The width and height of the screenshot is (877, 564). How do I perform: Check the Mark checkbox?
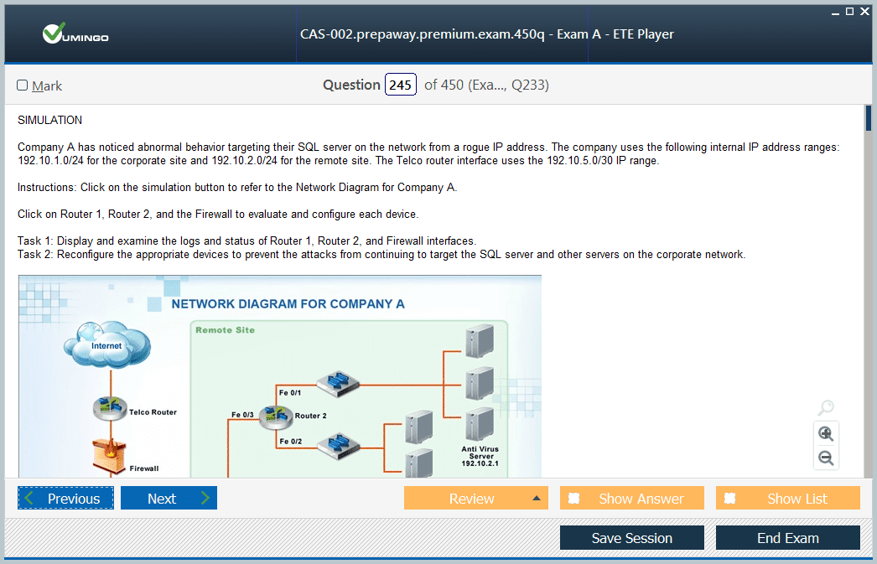coord(23,85)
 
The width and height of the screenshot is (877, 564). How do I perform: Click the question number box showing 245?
coord(401,85)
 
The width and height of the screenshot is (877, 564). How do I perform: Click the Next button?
coord(169,498)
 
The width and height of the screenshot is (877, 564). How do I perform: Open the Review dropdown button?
coord(476,498)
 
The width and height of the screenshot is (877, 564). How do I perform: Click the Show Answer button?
coord(632,498)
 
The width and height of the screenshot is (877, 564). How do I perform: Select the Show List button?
coord(788,498)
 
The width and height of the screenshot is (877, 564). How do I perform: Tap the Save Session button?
coord(632,538)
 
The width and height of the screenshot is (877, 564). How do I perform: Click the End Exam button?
coord(788,538)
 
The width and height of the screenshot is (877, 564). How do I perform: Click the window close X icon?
coord(864,11)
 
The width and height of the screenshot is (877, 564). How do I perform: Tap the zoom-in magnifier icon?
coord(826,433)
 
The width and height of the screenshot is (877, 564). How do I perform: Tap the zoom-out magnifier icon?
coord(826,458)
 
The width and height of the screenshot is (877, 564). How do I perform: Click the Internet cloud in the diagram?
coord(106,344)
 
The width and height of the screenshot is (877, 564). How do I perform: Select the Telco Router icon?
coord(110,408)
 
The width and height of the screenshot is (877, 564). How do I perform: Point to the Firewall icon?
coord(110,456)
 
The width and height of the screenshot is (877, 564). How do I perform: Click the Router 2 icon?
coord(276,417)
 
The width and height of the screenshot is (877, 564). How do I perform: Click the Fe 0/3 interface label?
coord(243,415)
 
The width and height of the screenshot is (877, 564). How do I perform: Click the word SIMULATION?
coord(49,120)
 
